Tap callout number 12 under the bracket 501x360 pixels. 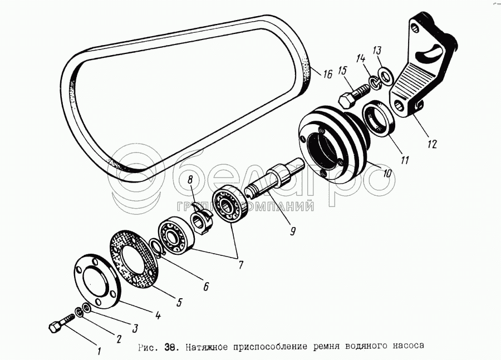(x=432, y=144)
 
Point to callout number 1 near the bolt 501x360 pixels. (x=99, y=351)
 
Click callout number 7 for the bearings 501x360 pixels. (x=240, y=265)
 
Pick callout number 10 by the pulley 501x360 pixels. (x=387, y=173)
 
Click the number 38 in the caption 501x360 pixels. (x=170, y=346)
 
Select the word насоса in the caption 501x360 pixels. (x=410, y=345)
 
